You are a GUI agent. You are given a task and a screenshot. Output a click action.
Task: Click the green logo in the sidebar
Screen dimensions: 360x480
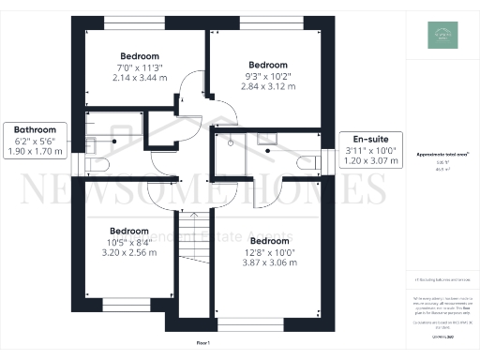pyautogui.click(x=442, y=35)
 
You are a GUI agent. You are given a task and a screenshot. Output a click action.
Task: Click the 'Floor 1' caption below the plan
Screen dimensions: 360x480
pyautogui.click(x=203, y=344)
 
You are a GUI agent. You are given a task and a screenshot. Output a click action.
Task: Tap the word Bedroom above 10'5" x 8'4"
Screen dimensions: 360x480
pyautogui.click(x=128, y=231)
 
